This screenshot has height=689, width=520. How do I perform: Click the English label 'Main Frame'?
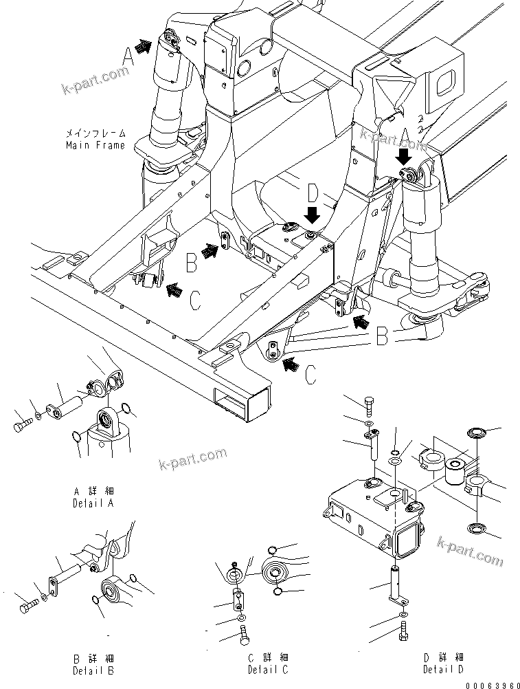click(95, 145)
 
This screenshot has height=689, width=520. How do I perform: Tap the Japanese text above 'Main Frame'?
click(95, 134)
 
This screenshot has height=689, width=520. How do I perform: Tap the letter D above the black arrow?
click(313, 191)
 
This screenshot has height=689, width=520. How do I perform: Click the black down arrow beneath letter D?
click(312, 215)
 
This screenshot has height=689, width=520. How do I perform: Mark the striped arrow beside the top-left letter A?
click(143, 47)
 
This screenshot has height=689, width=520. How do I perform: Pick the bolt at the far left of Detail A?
click(21, 426)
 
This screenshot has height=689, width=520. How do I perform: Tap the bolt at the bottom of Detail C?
click(244, 638)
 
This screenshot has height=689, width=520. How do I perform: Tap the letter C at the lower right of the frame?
click(311, 375)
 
